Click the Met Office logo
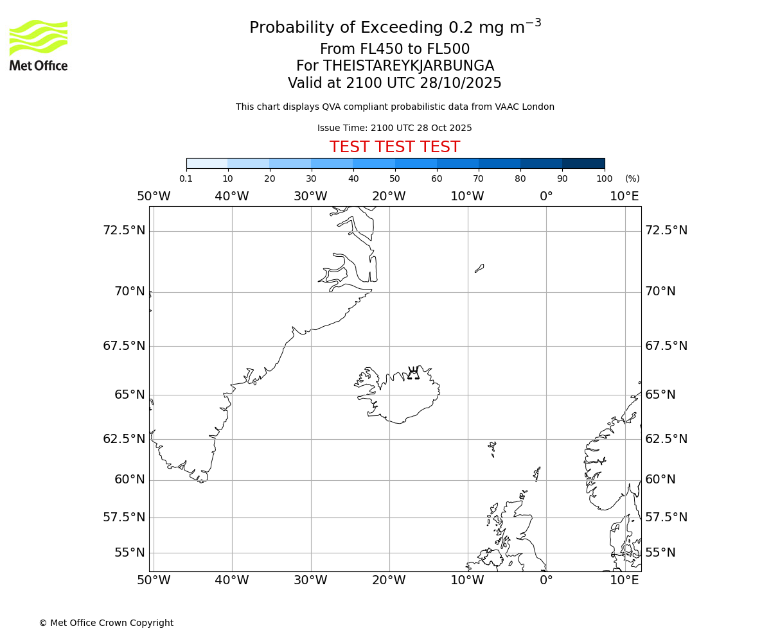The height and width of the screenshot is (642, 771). pos(39,45)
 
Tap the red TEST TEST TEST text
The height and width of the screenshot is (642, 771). pos(394,147)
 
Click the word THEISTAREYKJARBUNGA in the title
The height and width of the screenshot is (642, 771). pos(408,66)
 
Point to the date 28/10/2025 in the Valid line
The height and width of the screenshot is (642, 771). pos(461,83)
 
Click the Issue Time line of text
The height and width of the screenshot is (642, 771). pos(394,128)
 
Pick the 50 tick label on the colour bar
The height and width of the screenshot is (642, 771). pos(394,178)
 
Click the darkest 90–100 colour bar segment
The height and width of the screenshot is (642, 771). pos(583,163)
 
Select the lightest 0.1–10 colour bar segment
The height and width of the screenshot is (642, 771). pos(207,163)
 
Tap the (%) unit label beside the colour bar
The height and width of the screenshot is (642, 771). pos(632,178)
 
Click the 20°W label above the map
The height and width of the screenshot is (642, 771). pos(389,196)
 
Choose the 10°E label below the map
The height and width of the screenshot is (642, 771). pos(625,580)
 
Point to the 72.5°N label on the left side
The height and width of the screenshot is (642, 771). pos(124,230)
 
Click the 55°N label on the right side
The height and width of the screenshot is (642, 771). pos(660,553)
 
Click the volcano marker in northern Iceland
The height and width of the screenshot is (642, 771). pos(413,373)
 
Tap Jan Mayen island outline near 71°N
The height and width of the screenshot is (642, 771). pos(479,268)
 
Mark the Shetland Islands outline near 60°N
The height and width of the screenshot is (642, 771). pos(537,474)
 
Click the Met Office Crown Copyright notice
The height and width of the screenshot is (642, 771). pos(106,623)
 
